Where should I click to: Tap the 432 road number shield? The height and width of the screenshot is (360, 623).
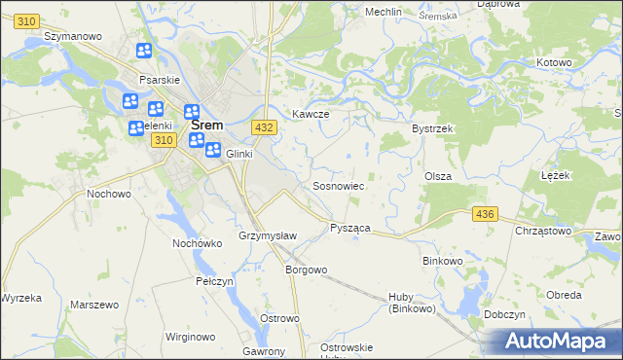coord(262,126)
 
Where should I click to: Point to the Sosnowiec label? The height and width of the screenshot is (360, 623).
coord(338,185)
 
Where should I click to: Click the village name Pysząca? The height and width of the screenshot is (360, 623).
coord(349,227)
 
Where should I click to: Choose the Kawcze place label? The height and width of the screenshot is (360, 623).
coord(311,114)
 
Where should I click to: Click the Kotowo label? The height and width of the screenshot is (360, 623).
coord(554,62)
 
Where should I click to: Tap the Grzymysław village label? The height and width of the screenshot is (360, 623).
coord(267,236)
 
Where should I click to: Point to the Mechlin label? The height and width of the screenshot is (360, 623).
coord(384,12)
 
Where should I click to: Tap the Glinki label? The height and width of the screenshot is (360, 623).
coord(239,154)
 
